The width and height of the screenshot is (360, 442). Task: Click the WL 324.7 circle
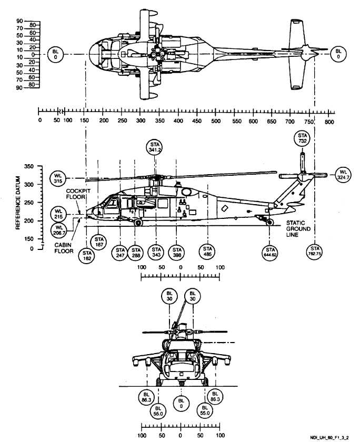343,175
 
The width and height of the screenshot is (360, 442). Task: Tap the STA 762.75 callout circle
315,252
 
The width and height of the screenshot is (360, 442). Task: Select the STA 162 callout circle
87,256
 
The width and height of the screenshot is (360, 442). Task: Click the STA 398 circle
177,252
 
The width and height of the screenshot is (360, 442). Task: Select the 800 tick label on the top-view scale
329,120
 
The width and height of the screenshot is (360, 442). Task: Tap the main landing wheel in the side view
138,223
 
